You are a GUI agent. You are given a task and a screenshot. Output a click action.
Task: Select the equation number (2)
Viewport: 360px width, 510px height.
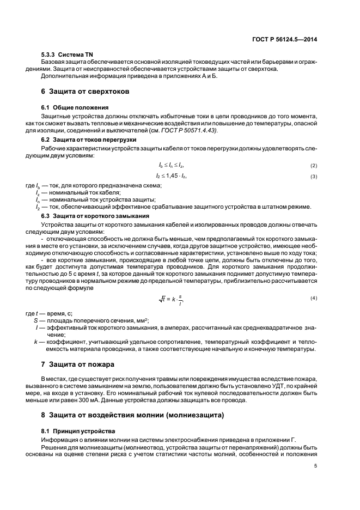(x=314, y=166)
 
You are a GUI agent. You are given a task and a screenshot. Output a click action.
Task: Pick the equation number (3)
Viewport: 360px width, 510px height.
(x=314, y=177)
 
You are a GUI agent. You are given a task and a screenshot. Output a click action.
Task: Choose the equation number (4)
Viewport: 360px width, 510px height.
(x=314, y=297)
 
